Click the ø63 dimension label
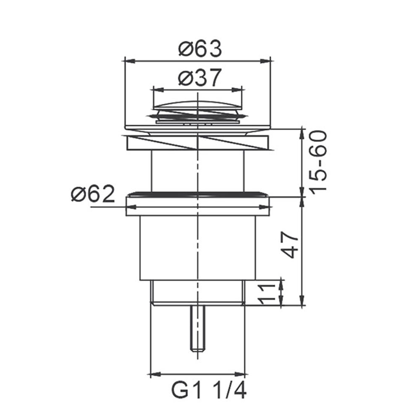pyautogui.click(x=200, y=49)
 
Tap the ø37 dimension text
pyautogui.click(x=200, y=78)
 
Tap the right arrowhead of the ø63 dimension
pyautogui.click(x=266, y=61)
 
